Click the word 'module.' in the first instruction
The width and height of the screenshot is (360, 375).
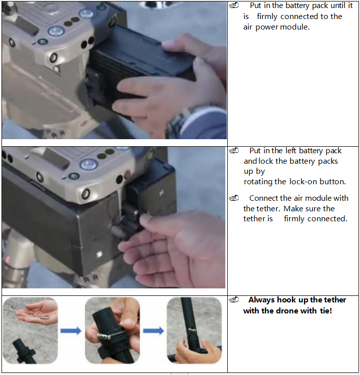295,27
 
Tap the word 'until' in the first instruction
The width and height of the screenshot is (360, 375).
338,6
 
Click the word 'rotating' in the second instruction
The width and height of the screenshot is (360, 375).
258,182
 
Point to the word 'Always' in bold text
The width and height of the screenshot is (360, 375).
262,300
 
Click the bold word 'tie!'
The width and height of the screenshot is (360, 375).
326,311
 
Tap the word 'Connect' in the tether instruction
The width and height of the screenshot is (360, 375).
263,198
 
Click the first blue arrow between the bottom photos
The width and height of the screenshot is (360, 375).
71,331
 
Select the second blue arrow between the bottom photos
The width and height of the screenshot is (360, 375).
154,331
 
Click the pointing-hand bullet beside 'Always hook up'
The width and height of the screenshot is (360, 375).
234,300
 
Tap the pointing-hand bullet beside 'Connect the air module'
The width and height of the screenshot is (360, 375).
234,198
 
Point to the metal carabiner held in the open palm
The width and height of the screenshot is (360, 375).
43,317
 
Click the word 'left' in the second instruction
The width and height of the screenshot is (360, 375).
291,151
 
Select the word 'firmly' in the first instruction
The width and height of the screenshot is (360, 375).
267,17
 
